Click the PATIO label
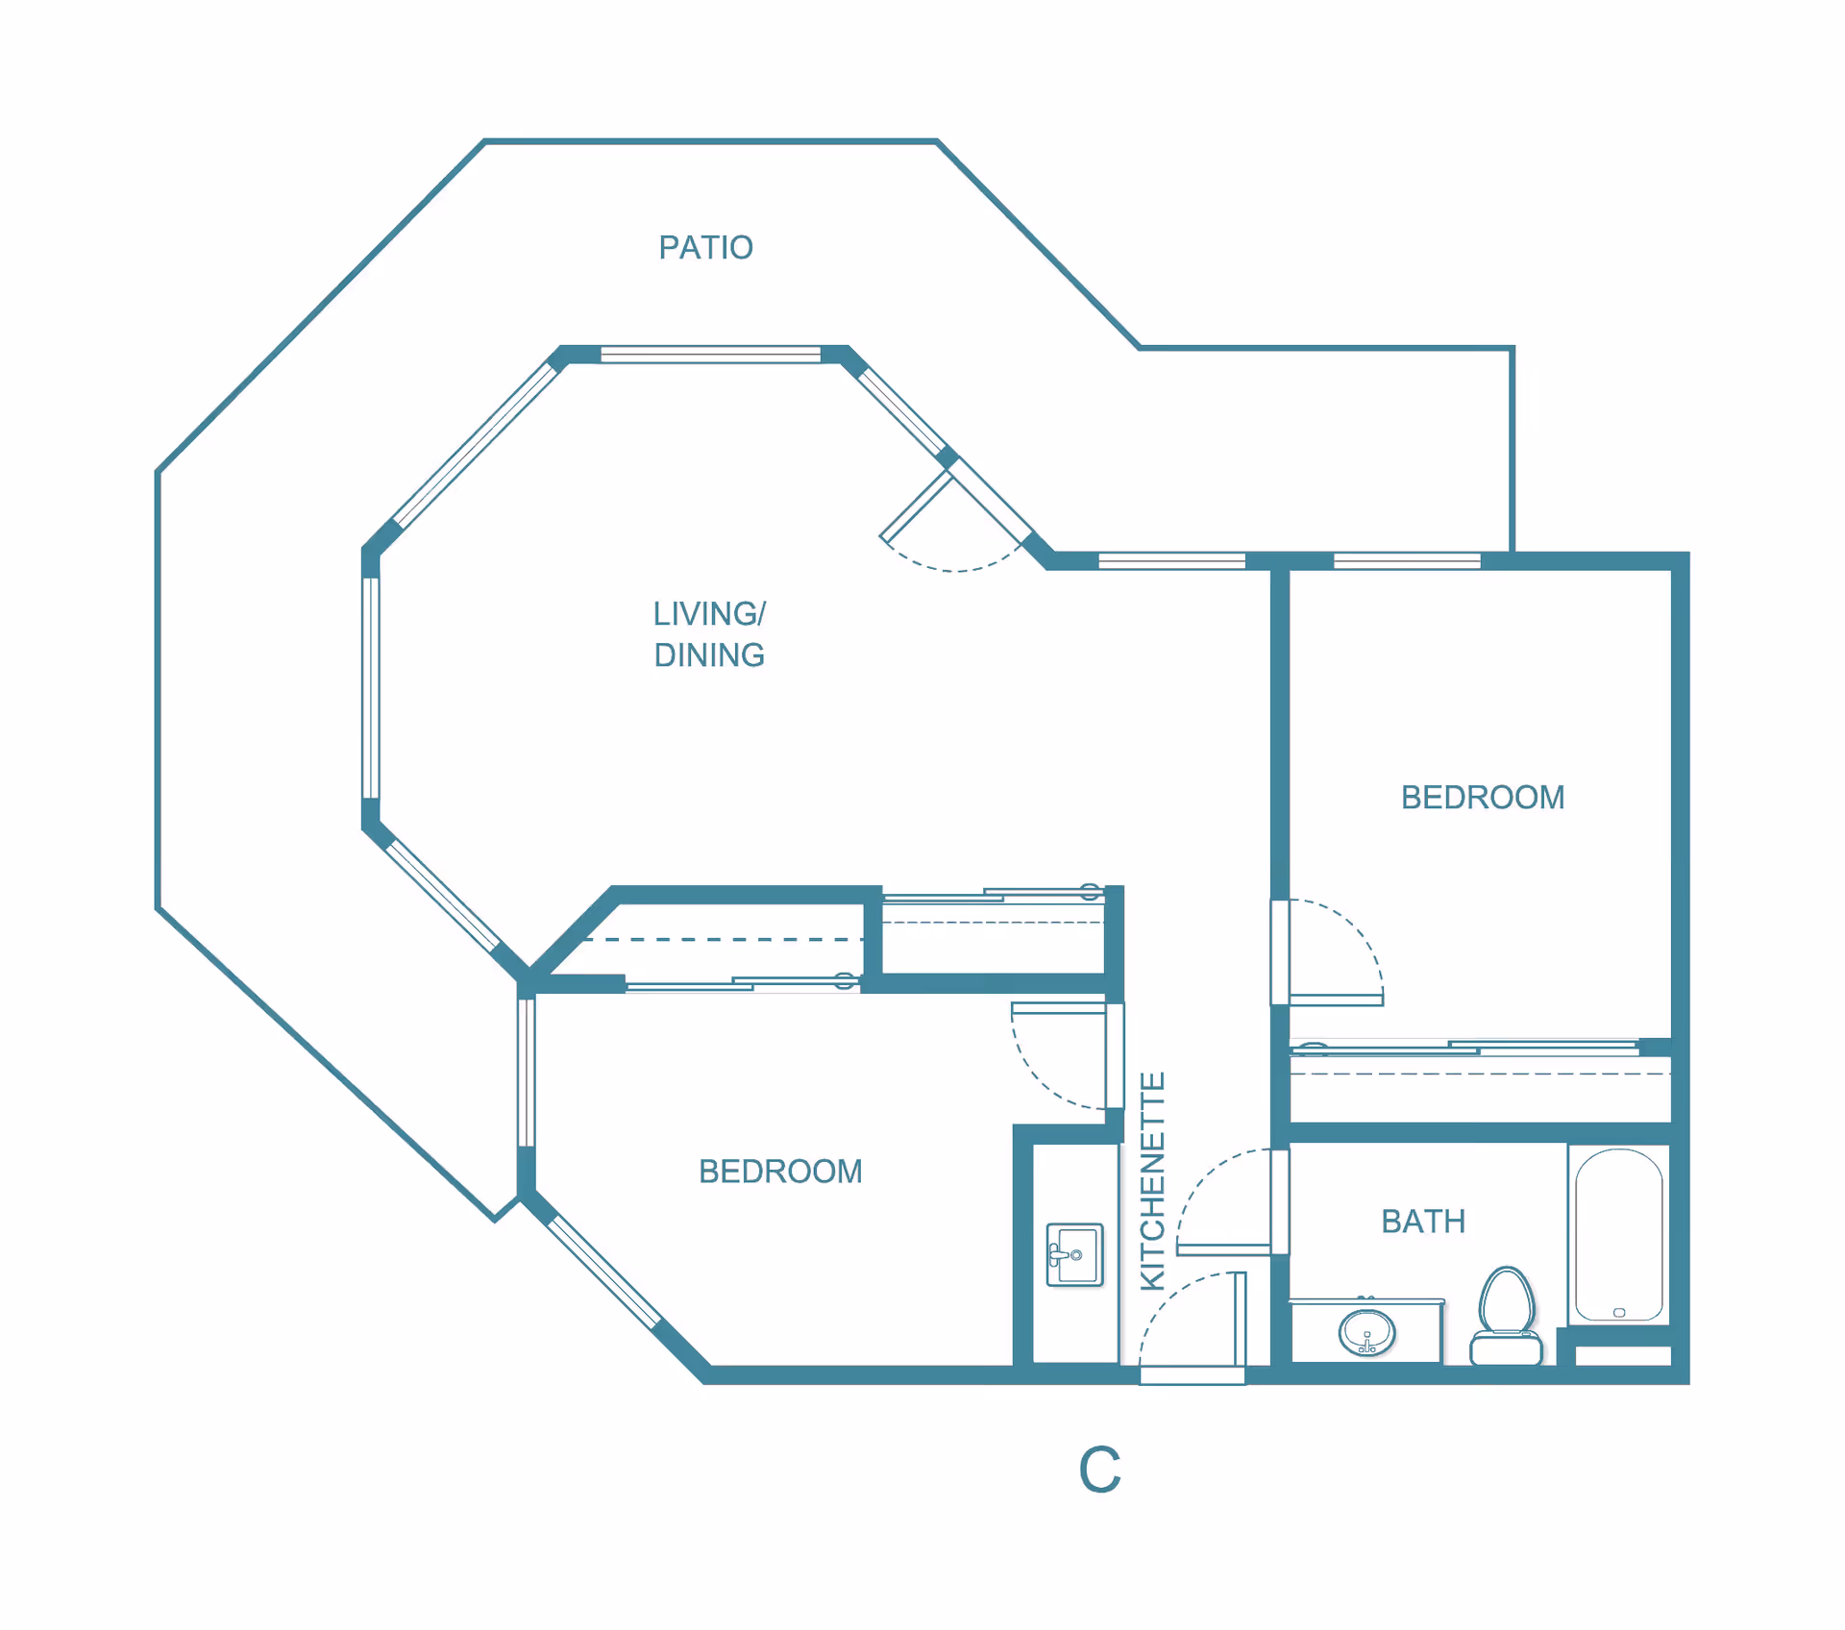[705, 248]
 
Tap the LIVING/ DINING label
[709, 634]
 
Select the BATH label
[1423, 1222]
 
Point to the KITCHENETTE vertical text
[1152, 1180]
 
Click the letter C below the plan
[1100, 1469]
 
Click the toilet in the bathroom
[1506, 1316]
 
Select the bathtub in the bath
[1619, 1235]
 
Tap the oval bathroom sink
[1366, 1332]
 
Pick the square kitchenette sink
[1074, 1254]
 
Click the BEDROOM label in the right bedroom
[1483, 798]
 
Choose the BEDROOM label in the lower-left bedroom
[780, 1172]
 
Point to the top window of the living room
[710, 355]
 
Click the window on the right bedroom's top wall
[1407, 561]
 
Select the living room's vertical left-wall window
[371, 688]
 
